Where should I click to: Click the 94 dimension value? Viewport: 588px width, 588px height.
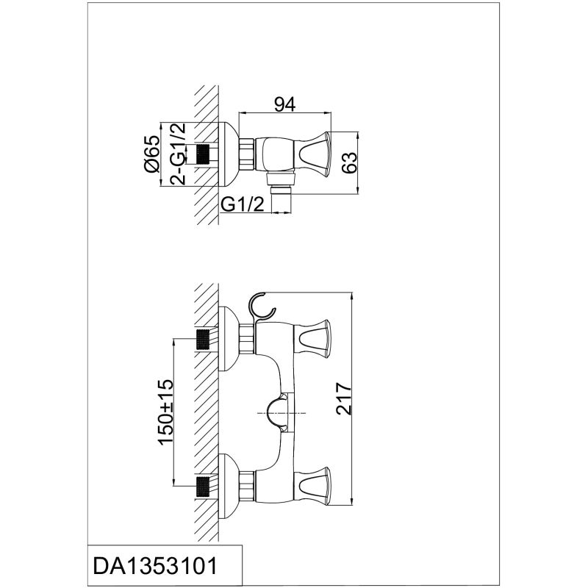click(x=284, y=104)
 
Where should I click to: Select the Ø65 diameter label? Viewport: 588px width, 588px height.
click(x=152, y=154)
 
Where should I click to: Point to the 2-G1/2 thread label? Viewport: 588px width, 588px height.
click(x=178, y=154)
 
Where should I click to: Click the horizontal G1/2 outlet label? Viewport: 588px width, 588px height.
click(x=243, y=204)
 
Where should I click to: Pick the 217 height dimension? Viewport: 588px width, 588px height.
click(x=343, y=398)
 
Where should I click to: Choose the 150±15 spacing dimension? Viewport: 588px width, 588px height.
click(x=166, y=412)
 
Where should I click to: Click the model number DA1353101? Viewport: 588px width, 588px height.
click(x=155, y=565)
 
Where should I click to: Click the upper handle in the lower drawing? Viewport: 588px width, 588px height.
click(x=312, y=339)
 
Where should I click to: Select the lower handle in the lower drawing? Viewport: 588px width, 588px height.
click(x=312, y=486)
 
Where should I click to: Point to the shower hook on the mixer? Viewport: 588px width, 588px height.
click(x=262, y=307)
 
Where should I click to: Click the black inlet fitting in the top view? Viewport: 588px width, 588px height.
click(x=203, y=154)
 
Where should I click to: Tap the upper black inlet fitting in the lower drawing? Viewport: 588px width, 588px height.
click(x=203, y=339)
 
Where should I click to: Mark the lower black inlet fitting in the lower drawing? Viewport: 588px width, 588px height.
click(x=203, y=487)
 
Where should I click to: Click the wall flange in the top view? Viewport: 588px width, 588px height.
click(x=228, y=154)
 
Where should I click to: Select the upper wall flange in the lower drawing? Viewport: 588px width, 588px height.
click(x=228, y=339)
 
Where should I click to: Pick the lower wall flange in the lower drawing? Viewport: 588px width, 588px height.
click(x=228, y=487)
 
